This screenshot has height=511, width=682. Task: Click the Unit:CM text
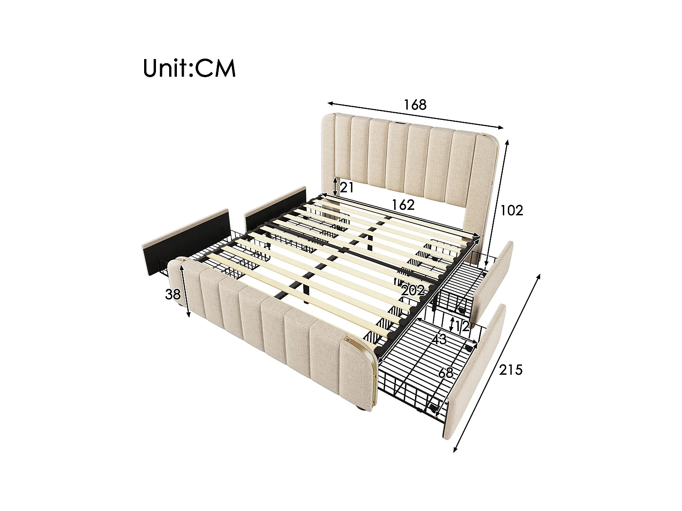[189, 68]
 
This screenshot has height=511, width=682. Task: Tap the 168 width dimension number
[415, 105]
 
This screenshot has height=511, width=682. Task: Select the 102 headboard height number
[512, 210]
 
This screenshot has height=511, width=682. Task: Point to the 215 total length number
[511, 370]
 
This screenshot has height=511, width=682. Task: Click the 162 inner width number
[404, 205]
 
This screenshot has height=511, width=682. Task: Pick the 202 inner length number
[413, 291]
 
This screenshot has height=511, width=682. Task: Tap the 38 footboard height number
[173, 295]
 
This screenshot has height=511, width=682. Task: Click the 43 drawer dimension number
[439, 339]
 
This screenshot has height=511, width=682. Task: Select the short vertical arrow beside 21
[335, 187]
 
